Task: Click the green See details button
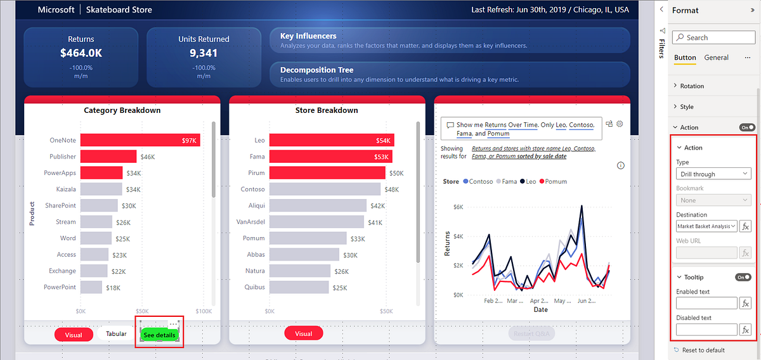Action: click(x=159, y=335)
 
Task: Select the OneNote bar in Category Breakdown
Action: click(x=140, y=140)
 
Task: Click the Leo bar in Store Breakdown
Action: click(x=331, y=140)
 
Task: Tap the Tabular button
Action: click(x=115, y=333)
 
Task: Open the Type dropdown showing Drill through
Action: click(x=713, y=174)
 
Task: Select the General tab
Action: click(x=716, y=58)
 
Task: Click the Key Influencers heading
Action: click(x=308, y=36)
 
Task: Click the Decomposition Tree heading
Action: click(x=316, y=70)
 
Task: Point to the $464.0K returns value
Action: click(x=81, y=53)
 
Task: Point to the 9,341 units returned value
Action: click(x=204, y=53)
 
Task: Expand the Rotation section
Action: click(x=692, y=86)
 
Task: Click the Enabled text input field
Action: click(x=706, y=303)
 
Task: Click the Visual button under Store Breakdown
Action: click(x=303, y=333)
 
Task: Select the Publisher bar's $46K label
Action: click(x=148, y=157)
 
